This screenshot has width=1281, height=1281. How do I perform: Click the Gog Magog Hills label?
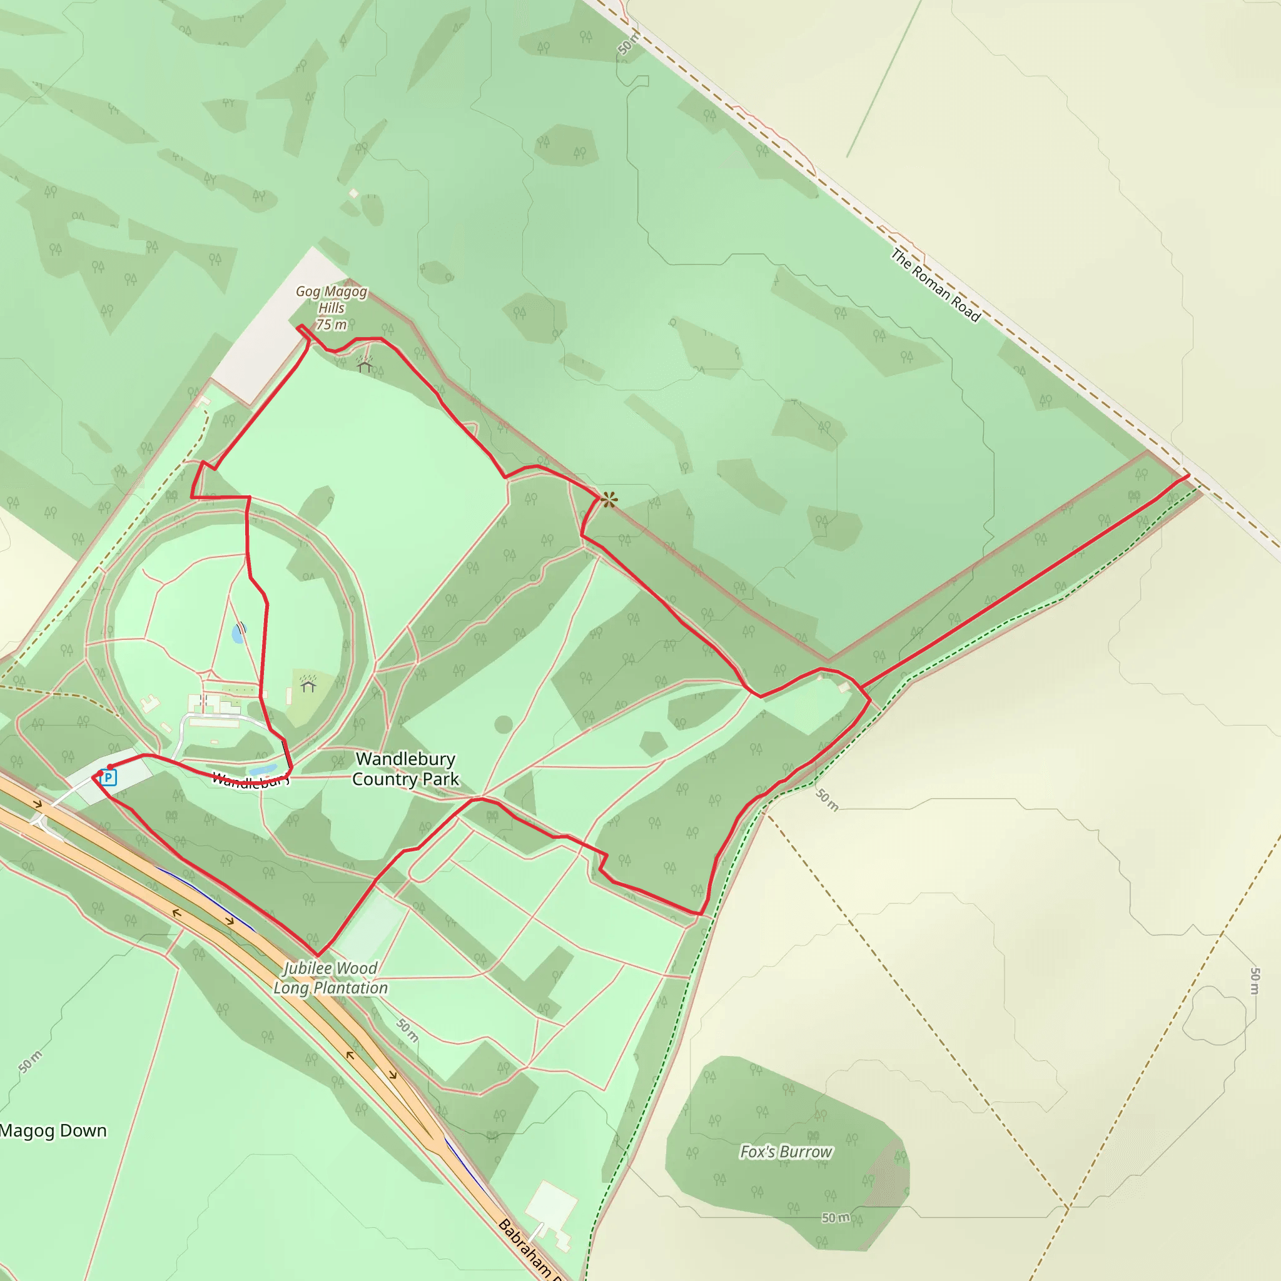(331, 300)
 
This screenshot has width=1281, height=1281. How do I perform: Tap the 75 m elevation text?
(331, 324)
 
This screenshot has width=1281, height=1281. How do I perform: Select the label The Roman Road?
(935, 285)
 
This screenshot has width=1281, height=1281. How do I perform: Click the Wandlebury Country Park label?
(405, 769)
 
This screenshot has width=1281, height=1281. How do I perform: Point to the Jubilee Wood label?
(330, 968)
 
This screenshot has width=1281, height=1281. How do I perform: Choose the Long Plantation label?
(330, 988)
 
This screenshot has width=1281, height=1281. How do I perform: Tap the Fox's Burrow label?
(786, 1152)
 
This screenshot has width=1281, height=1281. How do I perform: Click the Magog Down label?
(53, 1130)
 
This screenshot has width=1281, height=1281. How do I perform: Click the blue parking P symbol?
(109, 777)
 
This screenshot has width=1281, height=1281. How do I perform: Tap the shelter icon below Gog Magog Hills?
(364, 364)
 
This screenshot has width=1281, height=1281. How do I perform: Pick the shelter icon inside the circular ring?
(308, 684)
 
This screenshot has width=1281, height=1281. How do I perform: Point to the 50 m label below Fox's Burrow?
(836, 1217)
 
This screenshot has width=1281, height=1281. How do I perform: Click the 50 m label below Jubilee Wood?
(407, 1030)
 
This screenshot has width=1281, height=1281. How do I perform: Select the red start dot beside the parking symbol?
(110, 767)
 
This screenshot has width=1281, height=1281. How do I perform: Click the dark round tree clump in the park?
(504, 725)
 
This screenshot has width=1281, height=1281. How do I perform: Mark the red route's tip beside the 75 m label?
(300, 327)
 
